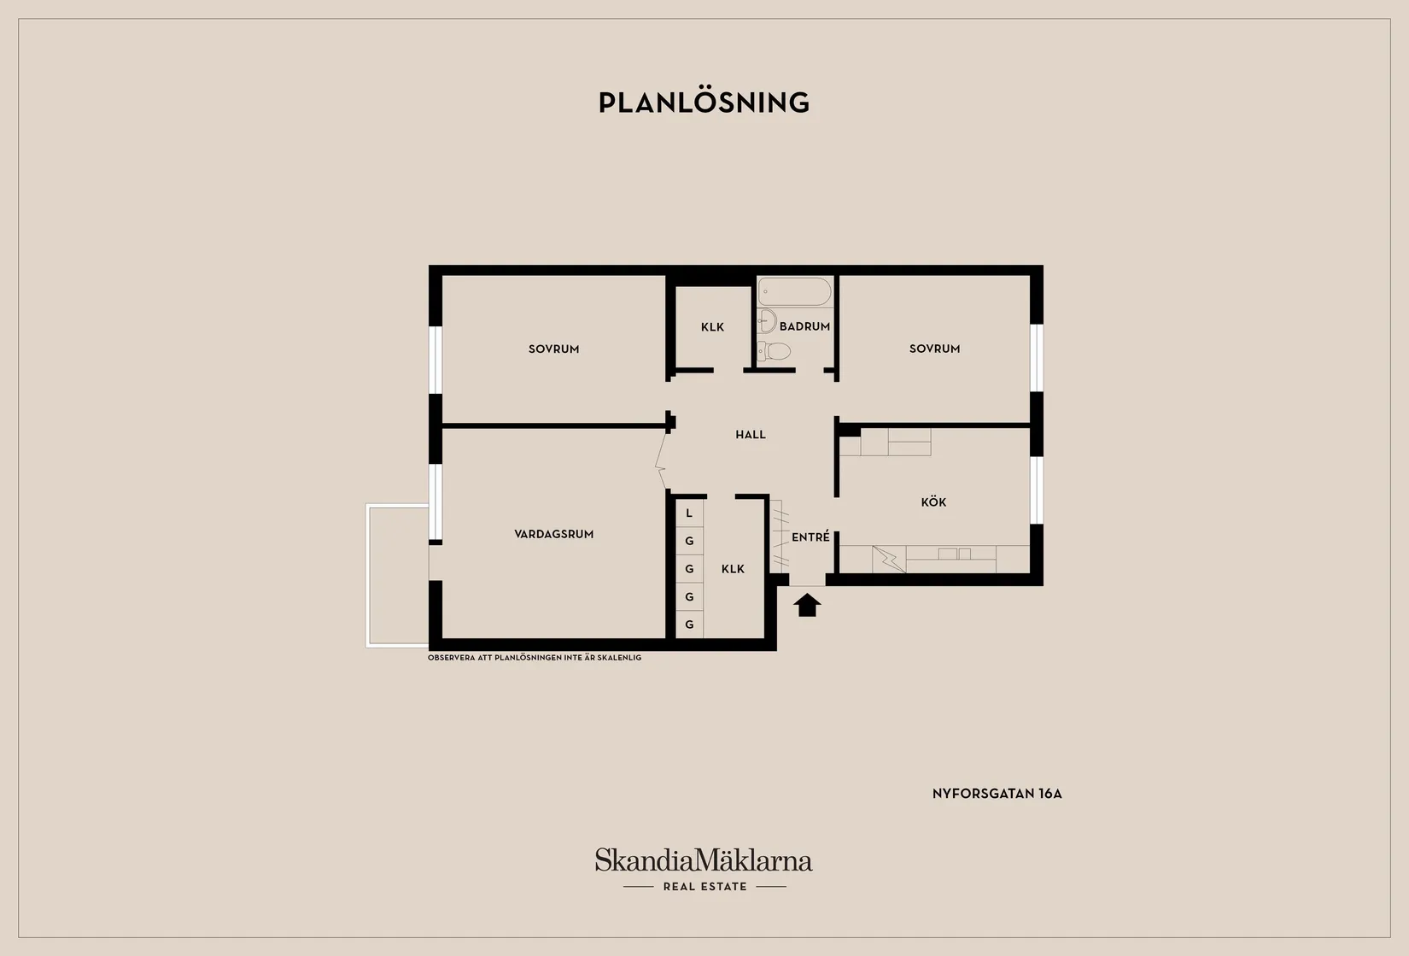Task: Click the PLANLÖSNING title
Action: tap(704, 102)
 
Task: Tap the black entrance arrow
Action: tap(807, 605)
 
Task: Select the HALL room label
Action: tap(751, 434)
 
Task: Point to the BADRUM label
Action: tap(804, 326)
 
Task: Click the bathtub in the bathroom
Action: tap(794, 291)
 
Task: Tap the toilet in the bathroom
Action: tap(774, 350)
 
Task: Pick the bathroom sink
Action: tap(767, 321)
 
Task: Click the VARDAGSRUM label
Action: tap(553, 534)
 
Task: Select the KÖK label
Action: tap(933, 501)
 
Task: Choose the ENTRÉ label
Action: tap(810, 537)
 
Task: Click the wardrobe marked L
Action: tap(689, 513)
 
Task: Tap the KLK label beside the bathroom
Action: tap(713, 327)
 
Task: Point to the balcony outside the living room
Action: tap(398, 575)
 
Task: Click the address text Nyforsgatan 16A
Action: tap(997, 794)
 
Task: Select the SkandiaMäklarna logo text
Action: tap(704, 859)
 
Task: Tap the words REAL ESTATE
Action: tap(705, 887)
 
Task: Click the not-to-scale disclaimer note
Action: tap(535, 658)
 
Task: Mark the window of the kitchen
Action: tap(1037, 490)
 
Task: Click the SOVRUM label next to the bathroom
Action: tap(935, 349)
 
